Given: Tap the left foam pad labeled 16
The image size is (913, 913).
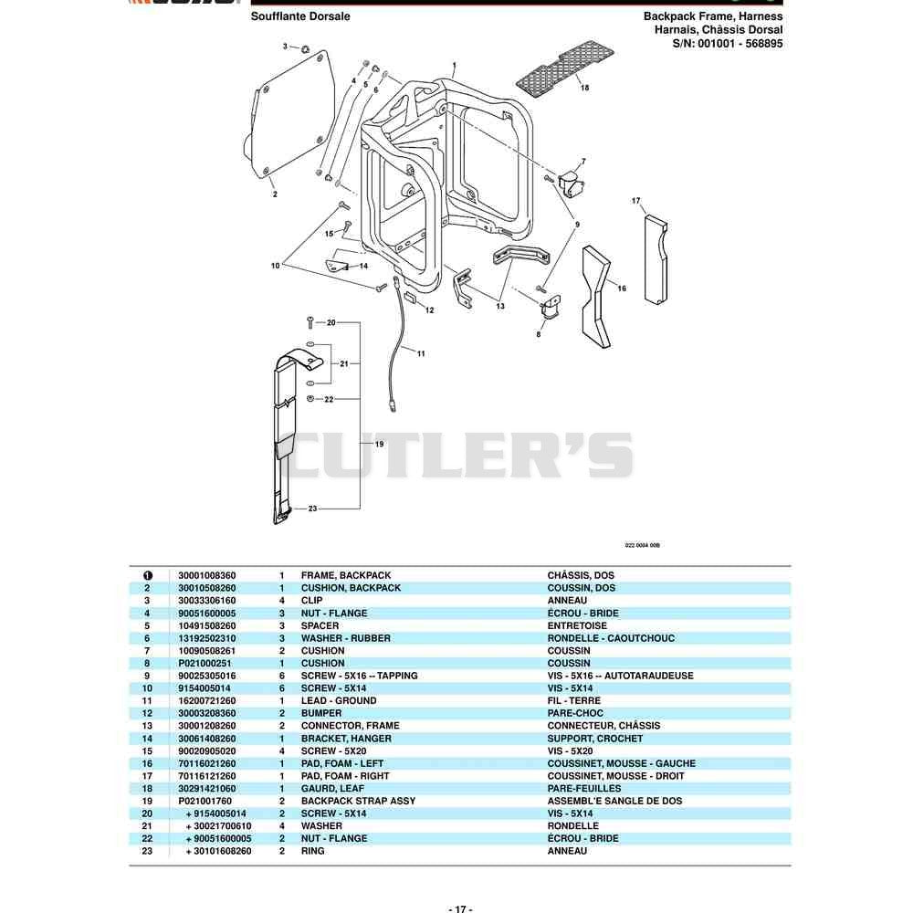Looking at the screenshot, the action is click(x=595, y=297).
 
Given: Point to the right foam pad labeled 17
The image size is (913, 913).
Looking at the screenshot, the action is click(x=656, y=259).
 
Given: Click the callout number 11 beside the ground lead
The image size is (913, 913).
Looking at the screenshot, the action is click(x=421, y=353).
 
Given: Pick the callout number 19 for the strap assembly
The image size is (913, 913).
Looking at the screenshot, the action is click(x=379, y=444).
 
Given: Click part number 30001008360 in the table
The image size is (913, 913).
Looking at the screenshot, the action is click(x=206, y=575).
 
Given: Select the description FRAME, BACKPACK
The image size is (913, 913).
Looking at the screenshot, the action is click(x=346, y=575).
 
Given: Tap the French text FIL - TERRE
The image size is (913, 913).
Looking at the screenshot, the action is click(x=573, y=700).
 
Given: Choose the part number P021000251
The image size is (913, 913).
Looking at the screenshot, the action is click(x=205, y=663).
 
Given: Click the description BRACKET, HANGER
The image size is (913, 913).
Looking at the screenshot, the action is click(x=346, y=739).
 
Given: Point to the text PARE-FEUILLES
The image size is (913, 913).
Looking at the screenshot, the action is click(x=584, y=789).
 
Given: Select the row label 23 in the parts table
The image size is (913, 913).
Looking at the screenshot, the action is click(x=147, y=851).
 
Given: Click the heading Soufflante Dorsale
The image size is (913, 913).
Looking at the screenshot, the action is click(x=300, y=16).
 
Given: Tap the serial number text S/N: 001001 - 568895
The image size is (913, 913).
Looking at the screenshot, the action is click(x=728, y=43).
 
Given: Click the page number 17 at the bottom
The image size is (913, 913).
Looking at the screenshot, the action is click(x=460, y=908).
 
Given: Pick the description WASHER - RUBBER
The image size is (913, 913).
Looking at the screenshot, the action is click(x=346, y=638).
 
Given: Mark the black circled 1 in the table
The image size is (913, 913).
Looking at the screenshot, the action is click(x=147, y=575).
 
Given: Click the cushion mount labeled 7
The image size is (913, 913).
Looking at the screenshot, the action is click(x=571, y=184).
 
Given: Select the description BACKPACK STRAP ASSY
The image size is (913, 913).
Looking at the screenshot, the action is click(x=358, y=801).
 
